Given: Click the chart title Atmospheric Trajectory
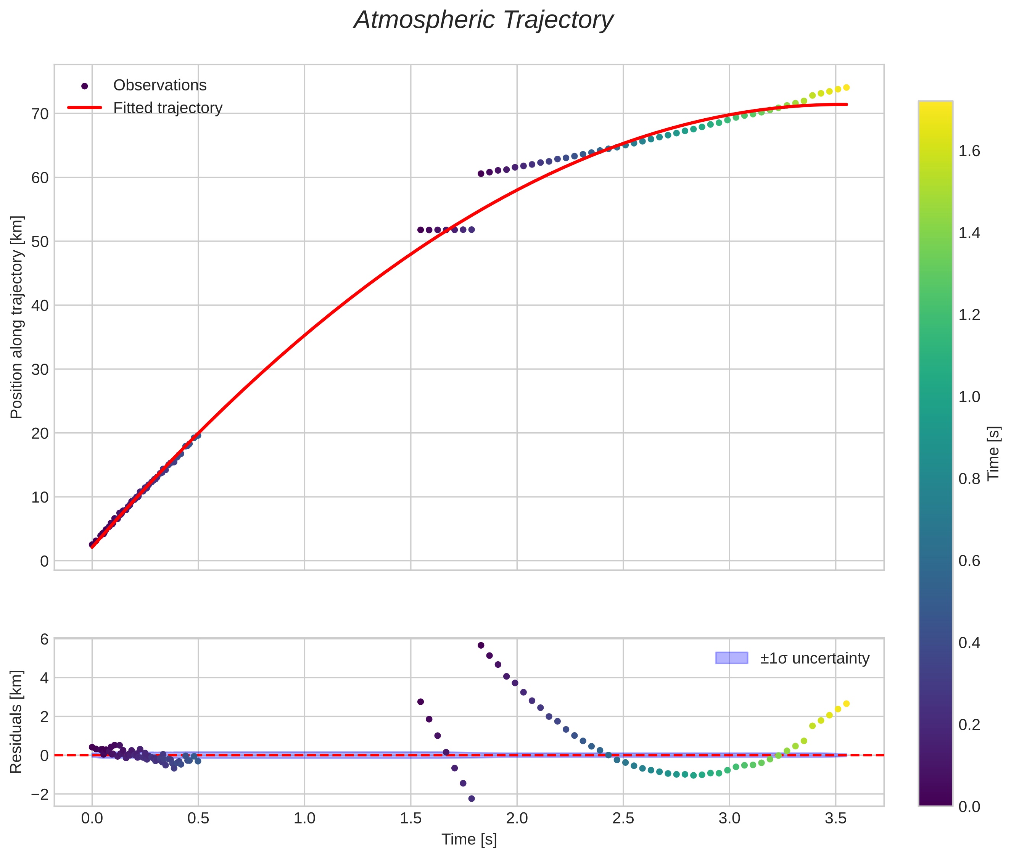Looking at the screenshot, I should (483, 20).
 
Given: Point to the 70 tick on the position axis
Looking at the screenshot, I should (40, 114).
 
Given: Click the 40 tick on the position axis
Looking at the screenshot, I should (40, 306).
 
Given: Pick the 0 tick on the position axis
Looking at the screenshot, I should (44, 562).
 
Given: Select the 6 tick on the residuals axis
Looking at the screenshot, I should (44, 640).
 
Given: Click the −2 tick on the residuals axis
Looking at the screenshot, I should (40, 795).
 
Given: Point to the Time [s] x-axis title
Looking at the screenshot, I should (469, 840).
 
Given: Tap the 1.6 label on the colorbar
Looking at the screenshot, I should (969, 151).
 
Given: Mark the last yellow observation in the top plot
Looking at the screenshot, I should (846, 88).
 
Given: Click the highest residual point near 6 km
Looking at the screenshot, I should (481, 646).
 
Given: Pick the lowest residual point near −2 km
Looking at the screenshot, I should (471, 799).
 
